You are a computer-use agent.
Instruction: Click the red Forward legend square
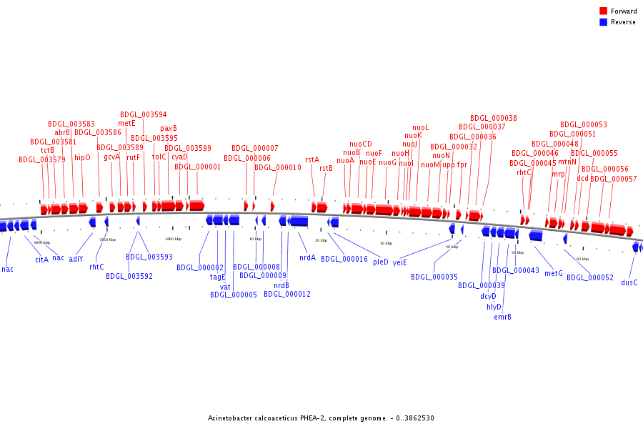pos(604,11)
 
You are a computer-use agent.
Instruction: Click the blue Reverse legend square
pos(604,22)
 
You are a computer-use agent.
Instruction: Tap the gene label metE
pos(126,123)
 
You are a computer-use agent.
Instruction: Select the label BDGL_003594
pos(143,114)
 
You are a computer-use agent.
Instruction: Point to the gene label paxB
pos(169,129)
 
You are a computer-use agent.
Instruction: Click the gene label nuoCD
pos(361,144)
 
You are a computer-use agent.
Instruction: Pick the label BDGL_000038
pos(494,118)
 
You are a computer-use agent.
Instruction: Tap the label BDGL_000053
pos(584,124)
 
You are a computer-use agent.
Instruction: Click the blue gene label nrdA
pos(307,257)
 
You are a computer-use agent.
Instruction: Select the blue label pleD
pos(381,262)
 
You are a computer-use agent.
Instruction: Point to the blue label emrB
pos(502,317)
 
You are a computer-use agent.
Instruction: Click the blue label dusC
pos(629,282)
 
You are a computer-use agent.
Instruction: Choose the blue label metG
pos(554,273)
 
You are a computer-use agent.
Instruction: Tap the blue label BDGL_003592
pos(129,276)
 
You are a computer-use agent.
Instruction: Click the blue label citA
pos(42,260)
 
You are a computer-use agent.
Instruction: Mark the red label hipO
pos(83,157)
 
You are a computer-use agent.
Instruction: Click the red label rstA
pos(312,160)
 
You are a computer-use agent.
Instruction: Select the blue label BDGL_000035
pos(434,277)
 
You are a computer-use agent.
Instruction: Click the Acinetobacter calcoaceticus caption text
pos(321,418)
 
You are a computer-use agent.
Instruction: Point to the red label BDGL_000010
pos(278,167)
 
